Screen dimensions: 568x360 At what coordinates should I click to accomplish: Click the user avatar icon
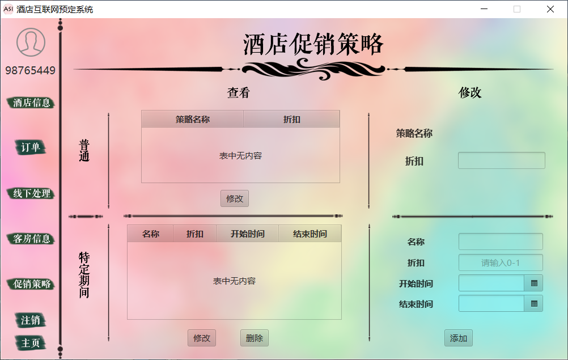[31, 42]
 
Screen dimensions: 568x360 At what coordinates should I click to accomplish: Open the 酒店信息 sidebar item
[32, 103]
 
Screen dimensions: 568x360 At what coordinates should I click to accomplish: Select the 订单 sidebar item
[31, 147]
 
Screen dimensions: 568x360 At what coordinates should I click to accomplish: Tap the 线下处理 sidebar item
[32, 193]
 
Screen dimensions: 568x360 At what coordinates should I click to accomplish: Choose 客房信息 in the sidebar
[32, 239]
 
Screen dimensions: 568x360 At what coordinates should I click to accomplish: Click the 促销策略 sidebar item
[32, 284]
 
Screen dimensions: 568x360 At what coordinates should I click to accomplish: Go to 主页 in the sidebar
[31, 343]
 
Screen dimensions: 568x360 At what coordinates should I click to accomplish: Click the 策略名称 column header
[192, 120]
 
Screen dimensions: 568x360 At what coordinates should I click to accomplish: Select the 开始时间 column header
[247, 234]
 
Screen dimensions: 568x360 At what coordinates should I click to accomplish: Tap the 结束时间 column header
[310, 234]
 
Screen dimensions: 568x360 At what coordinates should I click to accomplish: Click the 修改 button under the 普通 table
[234, 198]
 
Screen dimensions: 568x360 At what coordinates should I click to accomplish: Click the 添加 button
[458, 338]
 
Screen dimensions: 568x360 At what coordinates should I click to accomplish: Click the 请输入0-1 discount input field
[501, 263]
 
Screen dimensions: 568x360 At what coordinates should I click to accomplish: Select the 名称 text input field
[501, 242]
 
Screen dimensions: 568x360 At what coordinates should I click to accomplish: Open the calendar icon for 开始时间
[533, 283]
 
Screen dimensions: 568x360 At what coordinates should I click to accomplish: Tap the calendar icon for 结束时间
[533, 303]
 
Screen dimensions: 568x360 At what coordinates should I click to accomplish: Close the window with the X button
[550, 9]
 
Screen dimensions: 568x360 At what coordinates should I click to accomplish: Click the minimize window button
[484, 9]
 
